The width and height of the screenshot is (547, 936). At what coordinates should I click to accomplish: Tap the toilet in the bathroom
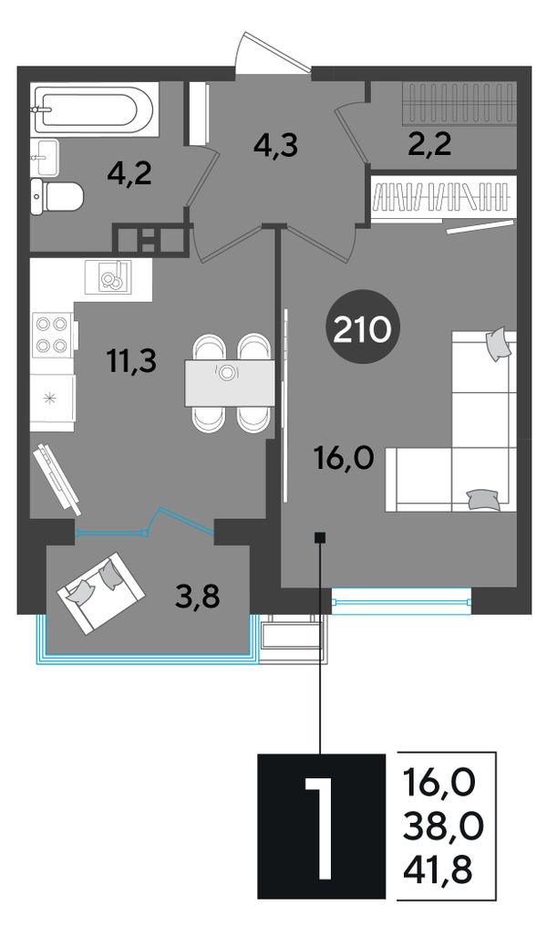pos(57,195)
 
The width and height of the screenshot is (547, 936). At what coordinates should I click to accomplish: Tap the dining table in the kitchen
pos(230,382)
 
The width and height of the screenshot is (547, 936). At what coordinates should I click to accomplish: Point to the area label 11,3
pos(131,360)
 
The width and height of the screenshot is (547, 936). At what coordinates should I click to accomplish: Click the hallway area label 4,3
pos(275,146)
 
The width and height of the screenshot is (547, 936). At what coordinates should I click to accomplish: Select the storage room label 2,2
pos(428,144)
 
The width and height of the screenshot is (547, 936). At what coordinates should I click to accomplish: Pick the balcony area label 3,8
pos(198,595)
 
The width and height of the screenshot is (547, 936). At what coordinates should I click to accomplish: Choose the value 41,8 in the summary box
pos(439,869)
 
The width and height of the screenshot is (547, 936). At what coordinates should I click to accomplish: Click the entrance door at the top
pos(273,55)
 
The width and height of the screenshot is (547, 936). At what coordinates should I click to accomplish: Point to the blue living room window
pos(401,600)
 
